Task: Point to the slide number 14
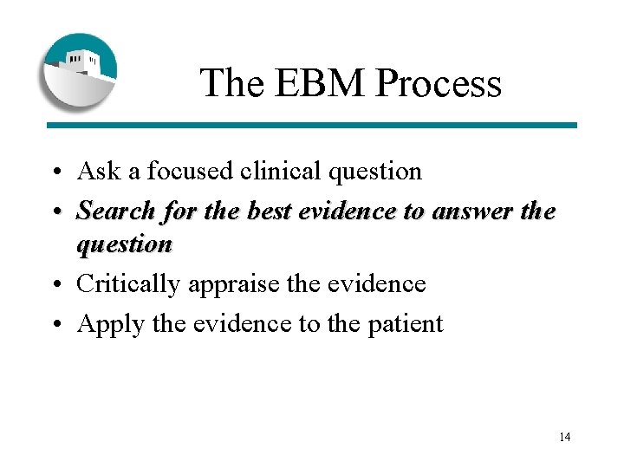tap(564, 437)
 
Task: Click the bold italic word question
tap(124, 244)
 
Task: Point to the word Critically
tap(127, 284)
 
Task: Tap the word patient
tap(409, 324)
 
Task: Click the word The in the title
tap(229, 83)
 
